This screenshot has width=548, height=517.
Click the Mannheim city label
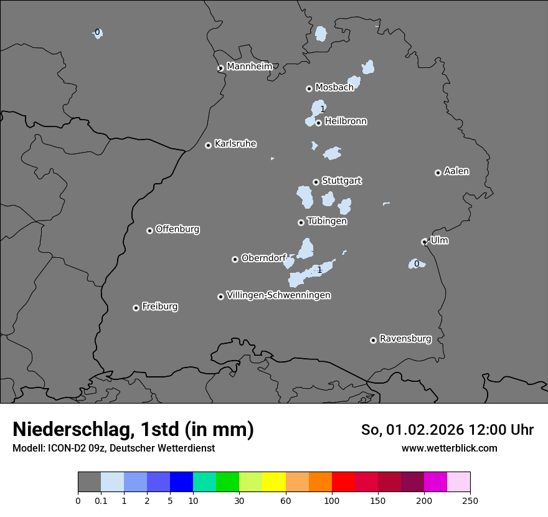click(x=249, y=67)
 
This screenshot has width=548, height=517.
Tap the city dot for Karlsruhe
click(x=208, y=145)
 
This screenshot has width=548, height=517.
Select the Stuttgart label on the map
click(x=341, y=181)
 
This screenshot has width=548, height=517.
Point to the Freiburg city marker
click(x=136, y=308)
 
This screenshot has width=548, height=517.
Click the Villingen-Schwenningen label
click(x=278, y=295)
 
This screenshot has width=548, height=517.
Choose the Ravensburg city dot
click(x=373, y=340)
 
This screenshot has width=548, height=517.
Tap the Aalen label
click(x=456, y=171)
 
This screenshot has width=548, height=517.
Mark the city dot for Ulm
click(x=424, y=242)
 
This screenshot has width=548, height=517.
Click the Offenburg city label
click(x=177, y=229)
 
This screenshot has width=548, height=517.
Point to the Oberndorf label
click(x=263, y=258)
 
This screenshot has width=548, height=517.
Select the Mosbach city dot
click(x=309, y=88)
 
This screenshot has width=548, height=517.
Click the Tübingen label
click(x=327, y=221)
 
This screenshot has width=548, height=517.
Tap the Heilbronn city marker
click(x=318, y=123)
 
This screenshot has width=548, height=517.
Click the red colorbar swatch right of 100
click(x=343, y=482)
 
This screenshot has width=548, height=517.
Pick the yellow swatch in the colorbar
click(x=274, y=482)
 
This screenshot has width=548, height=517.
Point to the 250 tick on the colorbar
click(x=470, y=500)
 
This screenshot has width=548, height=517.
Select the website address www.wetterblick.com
click(x=449, y=448)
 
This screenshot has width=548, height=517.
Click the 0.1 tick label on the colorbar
click(x=101, y=500)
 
